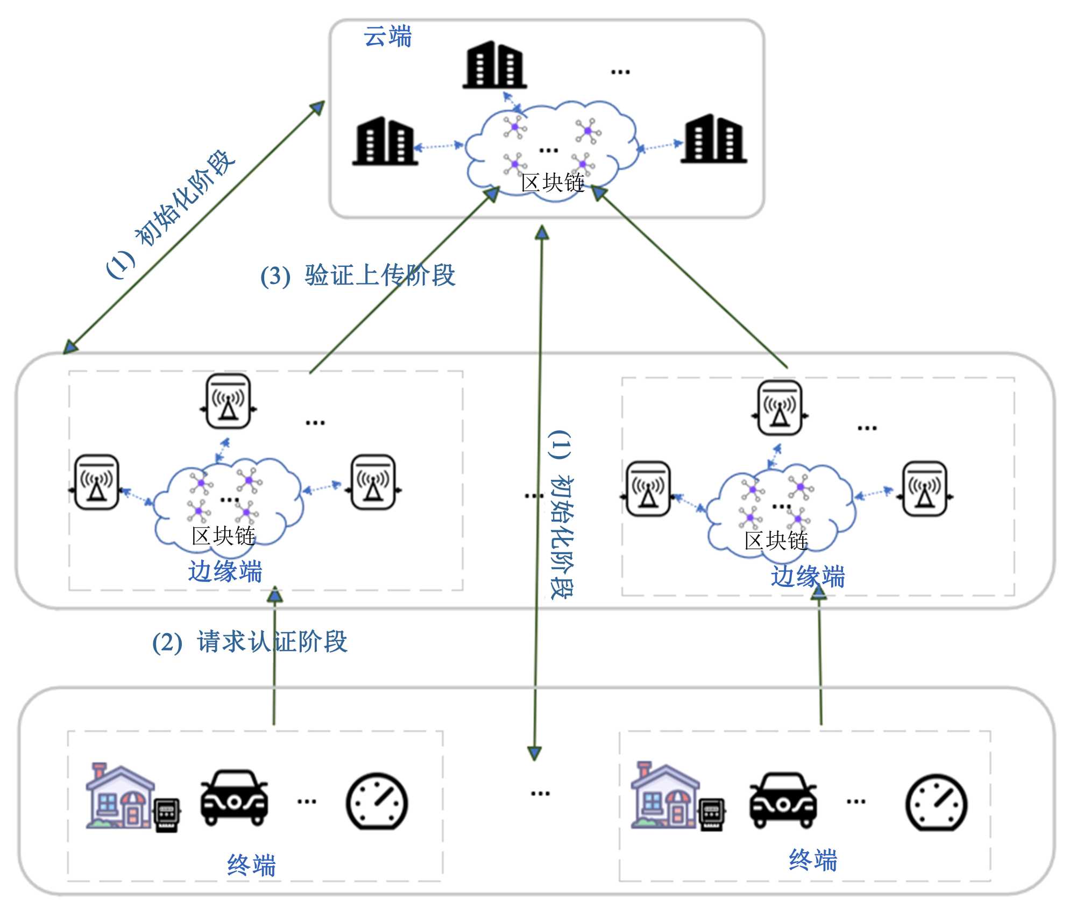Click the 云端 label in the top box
point(387,37)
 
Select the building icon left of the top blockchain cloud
point(385,140)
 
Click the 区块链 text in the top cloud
point(553,183)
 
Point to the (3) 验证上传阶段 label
point(358,275)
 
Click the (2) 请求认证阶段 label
point(250,642)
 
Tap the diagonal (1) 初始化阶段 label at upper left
point(171,214)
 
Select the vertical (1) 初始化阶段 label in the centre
point(561,514)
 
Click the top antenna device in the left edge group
point(228,401)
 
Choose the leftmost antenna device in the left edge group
point(96,482)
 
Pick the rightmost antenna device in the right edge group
point(924,488)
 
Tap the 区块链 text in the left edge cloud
point(223,536)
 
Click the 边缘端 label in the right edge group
point(808,577)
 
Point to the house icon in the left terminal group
point(119,796)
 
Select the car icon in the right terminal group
point(783,800)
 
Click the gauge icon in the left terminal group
point(377,801)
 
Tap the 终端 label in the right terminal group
point(813,860)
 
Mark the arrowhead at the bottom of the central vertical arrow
point(534,753)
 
